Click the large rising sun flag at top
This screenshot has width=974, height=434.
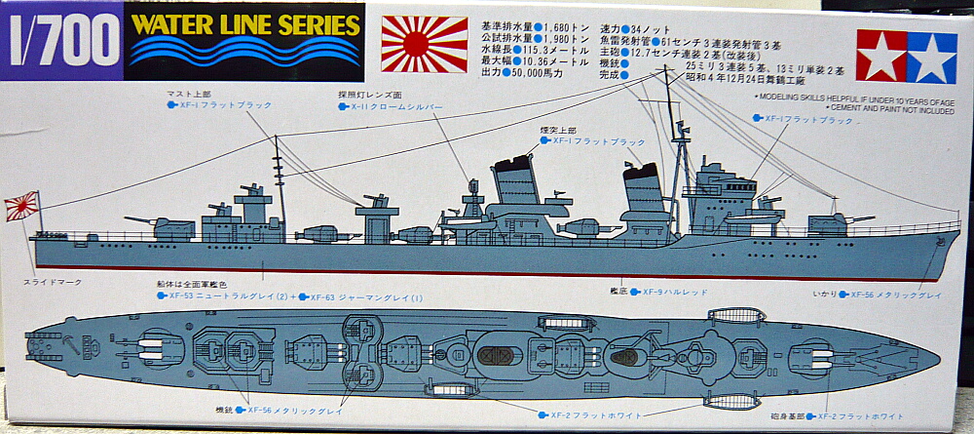tap(424, 44)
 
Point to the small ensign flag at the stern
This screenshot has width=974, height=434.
tap(20, 205)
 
